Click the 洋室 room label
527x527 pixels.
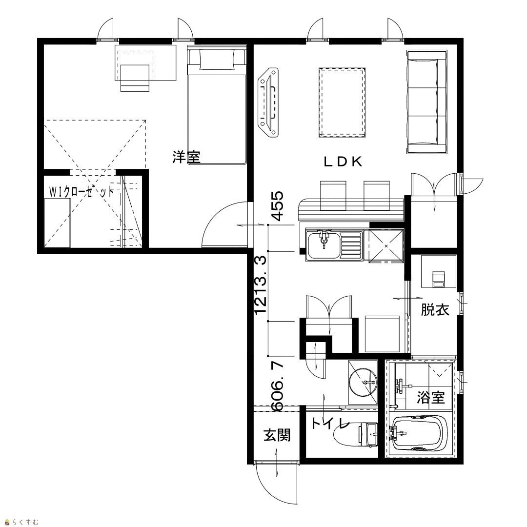pyautogui.click(x=186, y=157)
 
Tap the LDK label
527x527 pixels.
pyautogui.click(x=343, y=162)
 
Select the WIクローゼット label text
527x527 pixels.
pyautogui.click(x=81, y=192)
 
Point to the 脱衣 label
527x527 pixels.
pyautogui.click(x=435, y=309)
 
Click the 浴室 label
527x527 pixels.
pyautogui.click(x=431, y=398)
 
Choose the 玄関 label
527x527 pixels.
pyautogui.click(x=277, y=436)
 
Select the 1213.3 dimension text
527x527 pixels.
pyautogui.click(x=261, y=285)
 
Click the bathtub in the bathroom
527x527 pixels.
pyautogui.click(x=420, y=434)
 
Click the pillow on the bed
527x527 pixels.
pyautogui.click(x=217, y=60)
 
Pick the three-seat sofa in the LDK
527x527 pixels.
pyautogui.click(x=427, y=102)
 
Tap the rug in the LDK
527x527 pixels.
pyautogui.click(x=342, y=102)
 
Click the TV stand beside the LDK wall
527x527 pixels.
pyautogui.click(x=268, y=102)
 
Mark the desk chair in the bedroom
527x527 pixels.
pyautogui.click(x=135, y=78)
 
